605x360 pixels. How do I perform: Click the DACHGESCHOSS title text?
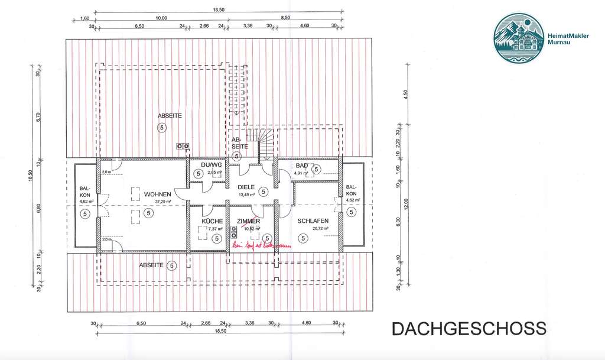469,329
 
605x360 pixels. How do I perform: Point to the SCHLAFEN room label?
313,221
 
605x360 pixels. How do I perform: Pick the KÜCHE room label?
212,221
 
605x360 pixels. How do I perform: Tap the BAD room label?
302,166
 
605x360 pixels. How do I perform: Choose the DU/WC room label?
211,165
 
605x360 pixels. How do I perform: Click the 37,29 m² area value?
162,202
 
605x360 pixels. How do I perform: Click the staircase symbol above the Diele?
261,144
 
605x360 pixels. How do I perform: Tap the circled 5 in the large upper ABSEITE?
161,128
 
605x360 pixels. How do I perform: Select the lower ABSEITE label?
151,265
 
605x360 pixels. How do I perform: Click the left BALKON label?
85,193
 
